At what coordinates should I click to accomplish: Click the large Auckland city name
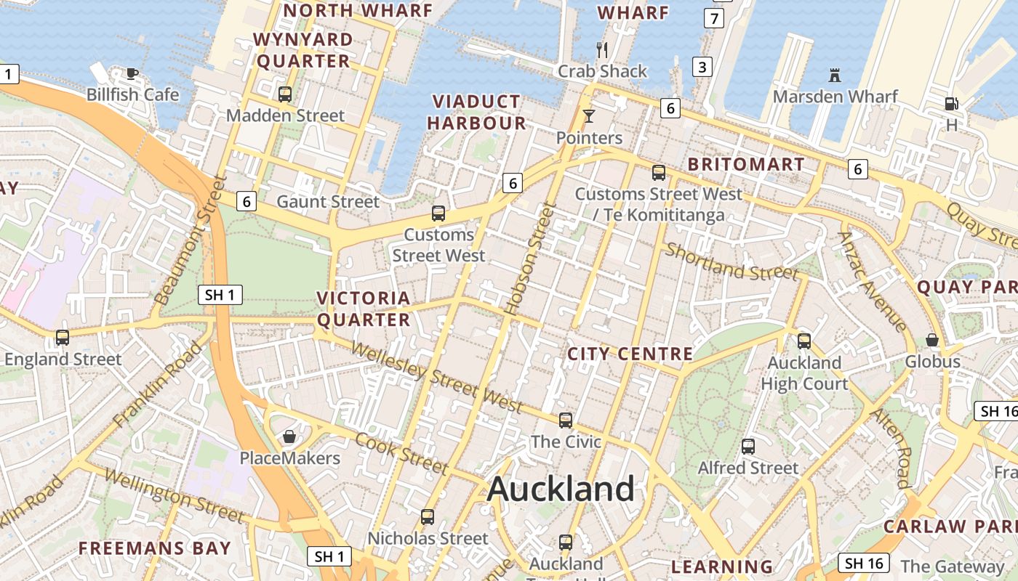coord(561,489)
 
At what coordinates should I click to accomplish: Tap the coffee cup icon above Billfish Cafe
coord(132,73)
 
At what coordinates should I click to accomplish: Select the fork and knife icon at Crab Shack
coord(601,49)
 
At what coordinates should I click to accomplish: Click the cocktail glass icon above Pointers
coord(588,115)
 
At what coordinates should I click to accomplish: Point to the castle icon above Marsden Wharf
coord(834,75)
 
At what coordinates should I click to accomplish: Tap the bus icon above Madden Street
coord(285,94)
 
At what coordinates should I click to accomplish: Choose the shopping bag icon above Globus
coord(931,340)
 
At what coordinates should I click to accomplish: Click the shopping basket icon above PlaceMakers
coord(289,436)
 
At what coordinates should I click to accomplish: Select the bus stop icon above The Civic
coord(566,420)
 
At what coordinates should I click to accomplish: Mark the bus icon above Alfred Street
coord(748,447)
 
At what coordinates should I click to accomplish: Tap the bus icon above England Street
coord(63,338)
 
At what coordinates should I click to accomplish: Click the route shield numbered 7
coord(714,18)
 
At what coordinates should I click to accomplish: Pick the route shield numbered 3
coord(702,68)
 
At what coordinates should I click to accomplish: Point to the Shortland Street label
coord(732,261)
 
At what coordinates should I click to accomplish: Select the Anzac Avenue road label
coord(872,281)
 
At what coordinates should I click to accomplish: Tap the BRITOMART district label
coord(746,164)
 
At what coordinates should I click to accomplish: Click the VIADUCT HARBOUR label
coord(476,113)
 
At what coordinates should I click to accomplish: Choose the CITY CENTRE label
coord(630,354)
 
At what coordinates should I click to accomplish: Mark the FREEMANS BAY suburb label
coord(154,548)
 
